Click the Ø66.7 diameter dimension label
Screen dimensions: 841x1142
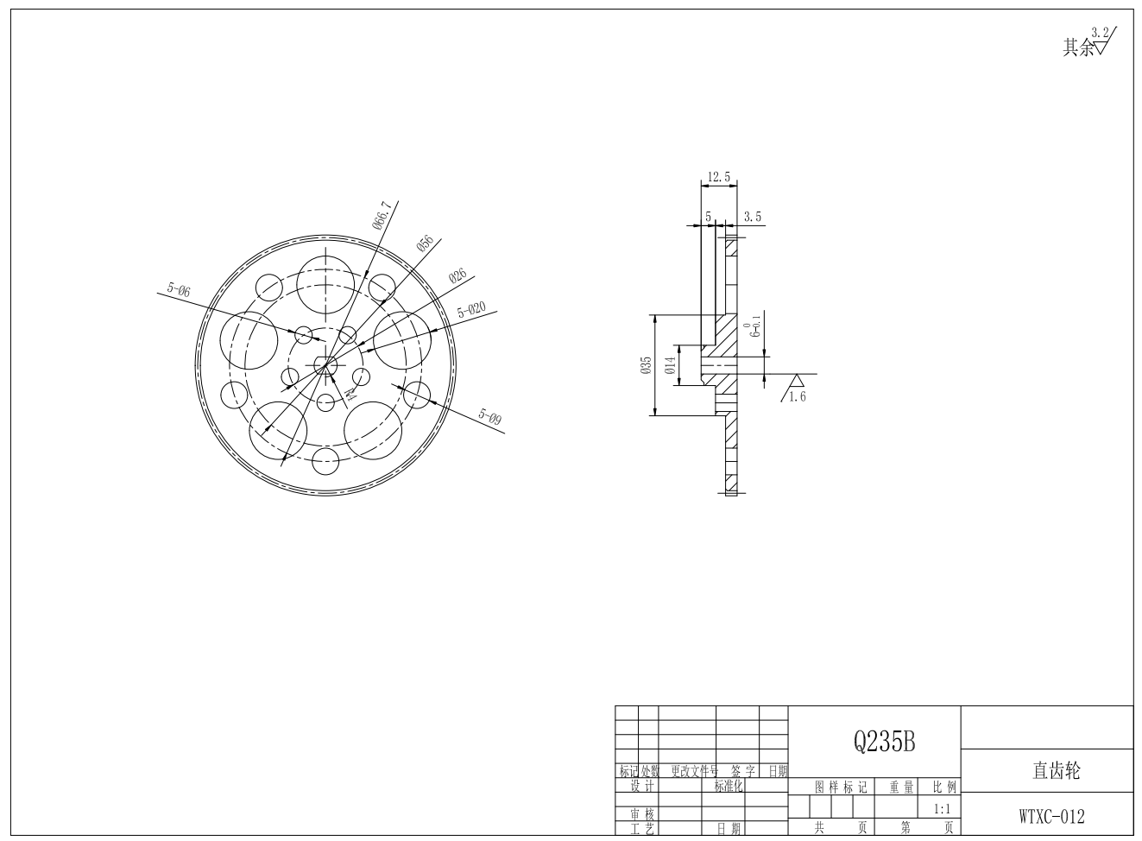tap(382, 216)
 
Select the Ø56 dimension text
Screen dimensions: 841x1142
tap(425, 243)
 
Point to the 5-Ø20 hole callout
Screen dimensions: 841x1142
tap(471, 310)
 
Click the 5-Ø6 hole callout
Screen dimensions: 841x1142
tap(179, 291)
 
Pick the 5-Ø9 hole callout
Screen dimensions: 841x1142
tap(490, 418)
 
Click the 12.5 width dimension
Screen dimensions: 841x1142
tap(718, 177)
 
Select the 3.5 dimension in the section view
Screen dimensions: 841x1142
tap(753, 217)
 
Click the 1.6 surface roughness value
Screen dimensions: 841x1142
tap(797, 397)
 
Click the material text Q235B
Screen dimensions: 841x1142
tap(884, 741)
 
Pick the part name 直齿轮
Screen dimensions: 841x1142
tap(1056, 771)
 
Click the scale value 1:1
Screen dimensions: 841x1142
tap(942, 809)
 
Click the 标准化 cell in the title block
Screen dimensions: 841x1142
tap(729, 787)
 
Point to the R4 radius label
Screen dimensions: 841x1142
tap(350, 395)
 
